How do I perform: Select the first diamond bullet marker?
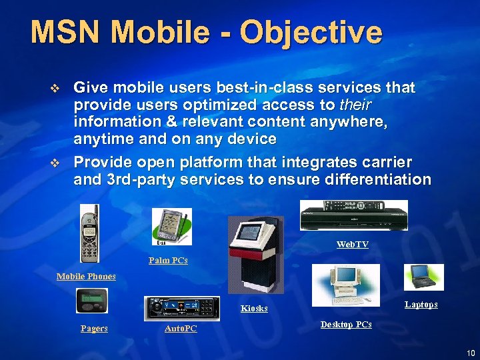point(55,88)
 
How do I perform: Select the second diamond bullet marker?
point(55,163)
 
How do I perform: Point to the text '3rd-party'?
point(133,179)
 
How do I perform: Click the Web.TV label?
point(352,245)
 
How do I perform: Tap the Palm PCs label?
point(168,260)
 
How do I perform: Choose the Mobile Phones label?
point(86,276)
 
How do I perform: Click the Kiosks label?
point(254,308)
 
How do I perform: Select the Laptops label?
point(421,304)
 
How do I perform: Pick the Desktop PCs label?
point(346,325)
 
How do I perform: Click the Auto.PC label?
point(181,329)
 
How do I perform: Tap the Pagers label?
point(94,329)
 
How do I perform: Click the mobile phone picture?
point(89,233)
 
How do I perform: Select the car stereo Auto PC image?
point(182,309)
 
